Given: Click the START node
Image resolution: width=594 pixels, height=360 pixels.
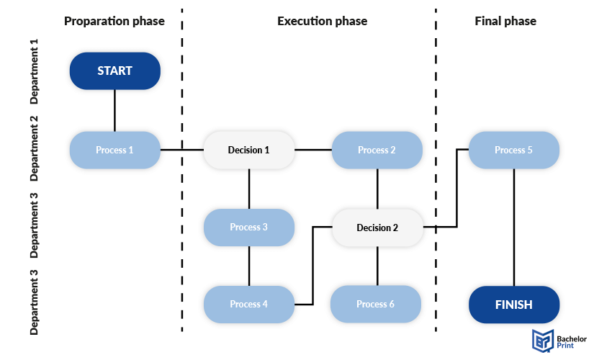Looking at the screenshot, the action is click(114, 71).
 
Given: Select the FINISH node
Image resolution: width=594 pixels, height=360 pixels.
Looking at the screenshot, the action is click(514, 305).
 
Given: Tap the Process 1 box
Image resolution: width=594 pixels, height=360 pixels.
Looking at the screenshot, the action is click(114, 150).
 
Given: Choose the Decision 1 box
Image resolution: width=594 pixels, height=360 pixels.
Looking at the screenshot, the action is click(249, 150).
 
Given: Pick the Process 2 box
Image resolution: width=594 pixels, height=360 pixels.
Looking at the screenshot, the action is click(377, 150).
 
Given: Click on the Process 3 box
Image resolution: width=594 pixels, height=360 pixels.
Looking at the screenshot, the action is click(249, 228).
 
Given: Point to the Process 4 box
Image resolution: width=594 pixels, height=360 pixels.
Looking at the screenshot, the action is click(249, 305).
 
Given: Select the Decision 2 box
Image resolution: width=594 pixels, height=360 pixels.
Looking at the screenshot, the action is click(377, 228).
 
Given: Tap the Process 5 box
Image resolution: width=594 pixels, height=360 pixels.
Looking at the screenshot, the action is click(514, 150).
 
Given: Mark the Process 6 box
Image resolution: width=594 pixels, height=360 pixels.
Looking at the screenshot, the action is click(375, 304).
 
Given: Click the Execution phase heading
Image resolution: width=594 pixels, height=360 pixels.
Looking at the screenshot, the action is click(323, 21).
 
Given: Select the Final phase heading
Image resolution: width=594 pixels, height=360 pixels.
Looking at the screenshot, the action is click(505, 21).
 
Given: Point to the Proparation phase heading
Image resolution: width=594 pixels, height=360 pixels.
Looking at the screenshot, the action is click(114, 21).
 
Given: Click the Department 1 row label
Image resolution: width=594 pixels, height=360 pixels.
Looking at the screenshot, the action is click(35, 71).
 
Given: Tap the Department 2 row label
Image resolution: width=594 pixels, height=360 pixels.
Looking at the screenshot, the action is click(35, 148).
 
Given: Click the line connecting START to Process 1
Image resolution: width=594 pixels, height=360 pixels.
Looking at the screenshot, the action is click(114, 111).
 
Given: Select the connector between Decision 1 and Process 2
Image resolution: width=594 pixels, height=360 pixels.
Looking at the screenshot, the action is click(313, 150).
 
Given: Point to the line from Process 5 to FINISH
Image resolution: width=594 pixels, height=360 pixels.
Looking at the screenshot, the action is click(514, 228).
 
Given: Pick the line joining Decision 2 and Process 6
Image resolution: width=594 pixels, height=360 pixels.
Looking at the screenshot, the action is click(377, 266).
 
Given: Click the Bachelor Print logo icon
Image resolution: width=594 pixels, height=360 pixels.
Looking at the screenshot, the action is click(543, 341).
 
